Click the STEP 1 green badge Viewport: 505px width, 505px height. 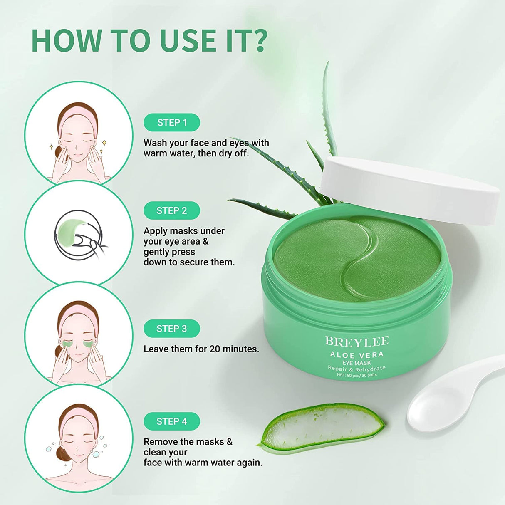(x=172, y=123)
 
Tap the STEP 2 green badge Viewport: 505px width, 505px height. (x=171, y=211)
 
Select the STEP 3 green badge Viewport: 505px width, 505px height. (x=171, y=329)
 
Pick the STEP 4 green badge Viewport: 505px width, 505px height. (x=171, y=421)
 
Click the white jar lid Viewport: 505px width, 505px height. (x=410, y=189)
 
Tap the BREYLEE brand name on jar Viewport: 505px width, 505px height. (x=356, y=342)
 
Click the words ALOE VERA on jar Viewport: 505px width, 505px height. (x=356, y=355)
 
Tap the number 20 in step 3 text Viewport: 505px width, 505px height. (x=215, y=349)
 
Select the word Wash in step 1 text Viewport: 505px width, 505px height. (x=155, y=143)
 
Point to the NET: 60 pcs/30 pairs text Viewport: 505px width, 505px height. (x=356, y=375)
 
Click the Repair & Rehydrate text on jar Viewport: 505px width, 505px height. (x=356, y=369)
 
